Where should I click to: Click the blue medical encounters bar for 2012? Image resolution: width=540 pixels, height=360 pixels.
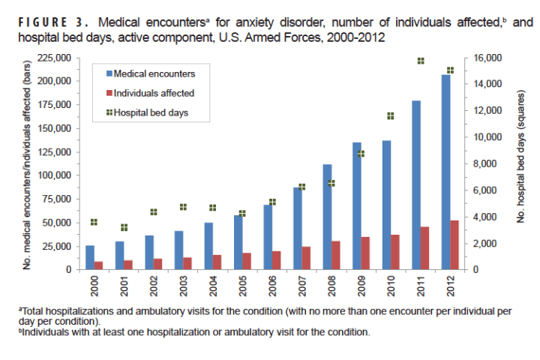point(445,172)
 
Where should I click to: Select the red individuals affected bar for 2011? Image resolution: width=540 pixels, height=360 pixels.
point(425,247)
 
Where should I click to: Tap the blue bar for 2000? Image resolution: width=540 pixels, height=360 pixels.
point(90,257)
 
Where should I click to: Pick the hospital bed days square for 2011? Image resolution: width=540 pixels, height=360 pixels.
point(421,61)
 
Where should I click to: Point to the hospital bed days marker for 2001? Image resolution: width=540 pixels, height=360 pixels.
point(124,227)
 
